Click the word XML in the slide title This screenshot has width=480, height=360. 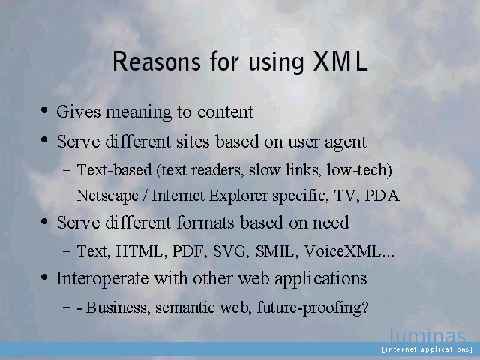coord(340,61)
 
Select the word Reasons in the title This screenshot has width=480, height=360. coord(157,61)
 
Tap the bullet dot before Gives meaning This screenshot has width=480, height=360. coord(44,109)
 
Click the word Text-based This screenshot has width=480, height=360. coord(115,170)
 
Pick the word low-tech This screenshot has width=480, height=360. coord(359,170)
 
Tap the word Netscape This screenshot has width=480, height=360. coord(107,196)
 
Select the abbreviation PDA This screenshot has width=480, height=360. coord(382,196)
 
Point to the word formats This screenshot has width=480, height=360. coord(205,222)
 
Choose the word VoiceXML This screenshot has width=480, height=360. coord(349,251)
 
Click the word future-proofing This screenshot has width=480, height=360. coord(313,307)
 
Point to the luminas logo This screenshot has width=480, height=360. coord(427,336)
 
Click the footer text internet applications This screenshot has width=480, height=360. coord(427,349)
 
